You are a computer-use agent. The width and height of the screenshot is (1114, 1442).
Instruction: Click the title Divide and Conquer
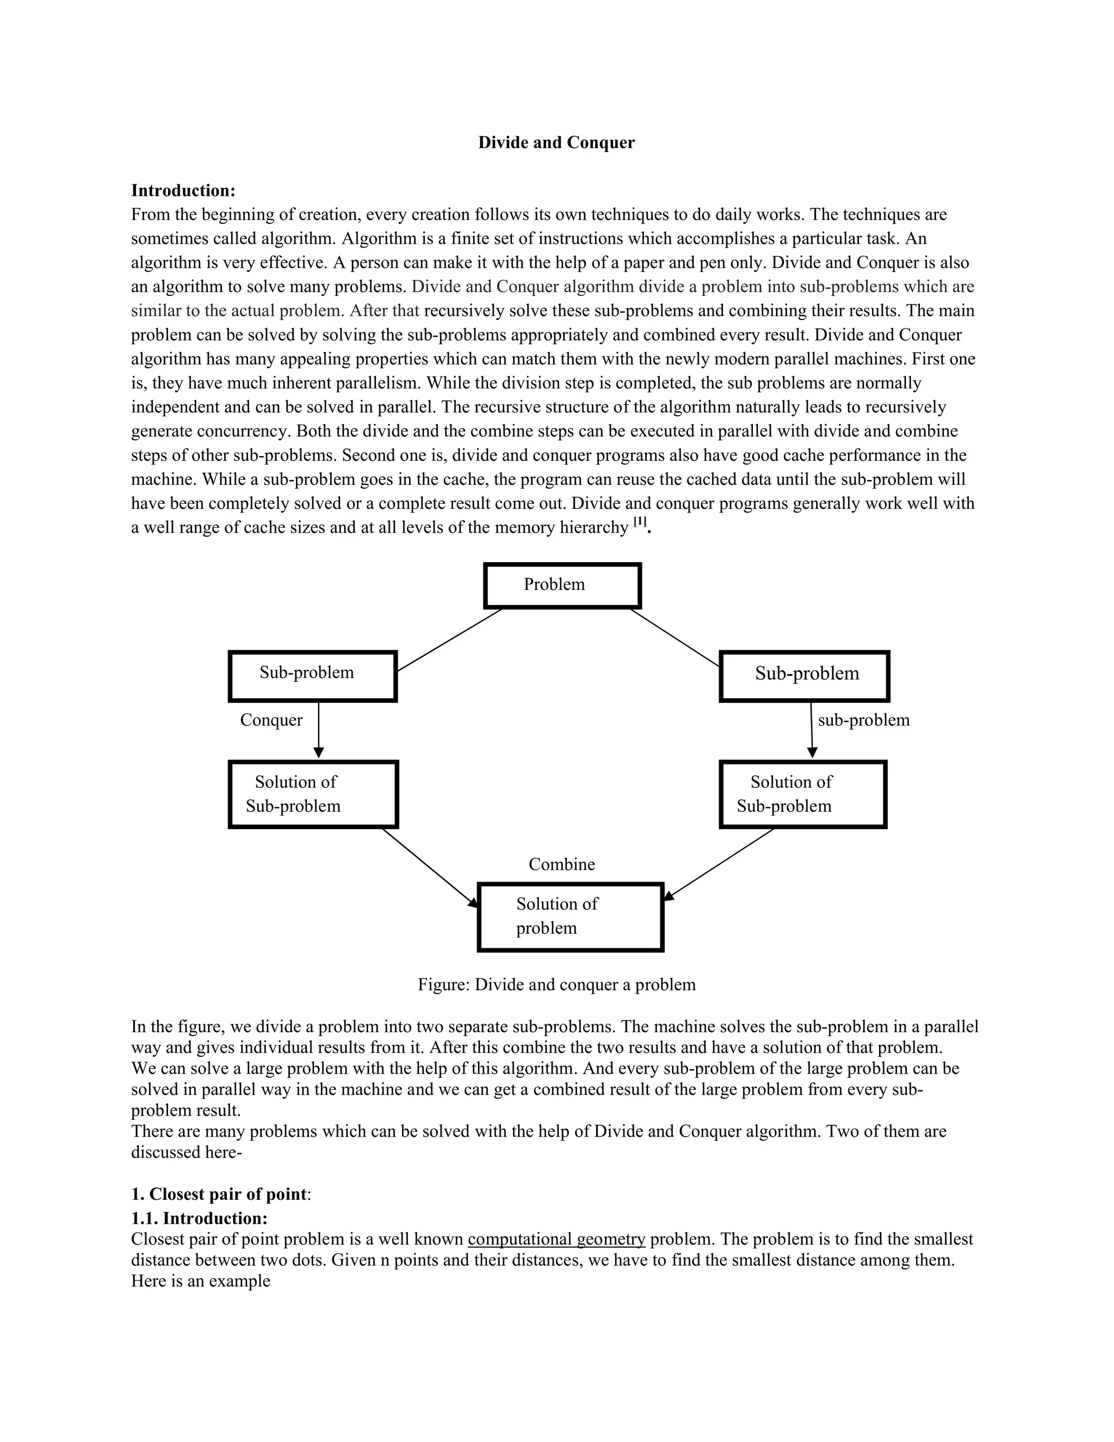(x=556, y=143)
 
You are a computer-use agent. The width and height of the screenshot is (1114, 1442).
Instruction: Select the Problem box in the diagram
(x=562, y=585)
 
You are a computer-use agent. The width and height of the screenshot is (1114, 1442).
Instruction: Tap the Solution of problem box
(x=570, y=916)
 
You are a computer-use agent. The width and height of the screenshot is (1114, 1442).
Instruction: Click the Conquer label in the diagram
(x=271, y=720)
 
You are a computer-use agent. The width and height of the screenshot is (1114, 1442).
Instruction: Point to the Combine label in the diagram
(x=561, y=864)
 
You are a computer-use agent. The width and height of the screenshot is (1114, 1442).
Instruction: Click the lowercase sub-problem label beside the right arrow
(x=863, y=720)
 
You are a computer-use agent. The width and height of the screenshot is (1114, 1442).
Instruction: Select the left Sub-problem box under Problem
(x=313, y=675)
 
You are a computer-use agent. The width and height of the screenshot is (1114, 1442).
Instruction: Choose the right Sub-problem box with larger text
(x=804, y=675)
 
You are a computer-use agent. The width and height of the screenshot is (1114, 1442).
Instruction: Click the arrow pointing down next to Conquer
(x=319, y=730)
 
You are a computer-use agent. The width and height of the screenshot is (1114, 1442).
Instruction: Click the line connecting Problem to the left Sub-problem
(x=449, y=640)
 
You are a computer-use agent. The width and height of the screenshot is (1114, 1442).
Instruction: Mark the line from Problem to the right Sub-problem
(x=674, y=637)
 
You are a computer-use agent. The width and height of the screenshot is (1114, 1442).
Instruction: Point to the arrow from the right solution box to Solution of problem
(x=719, y=863)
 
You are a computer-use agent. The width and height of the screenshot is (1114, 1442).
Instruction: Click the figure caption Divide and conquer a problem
(x=556, y=984)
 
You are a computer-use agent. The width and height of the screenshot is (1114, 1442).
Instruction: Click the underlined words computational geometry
(x=556, y=1239)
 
